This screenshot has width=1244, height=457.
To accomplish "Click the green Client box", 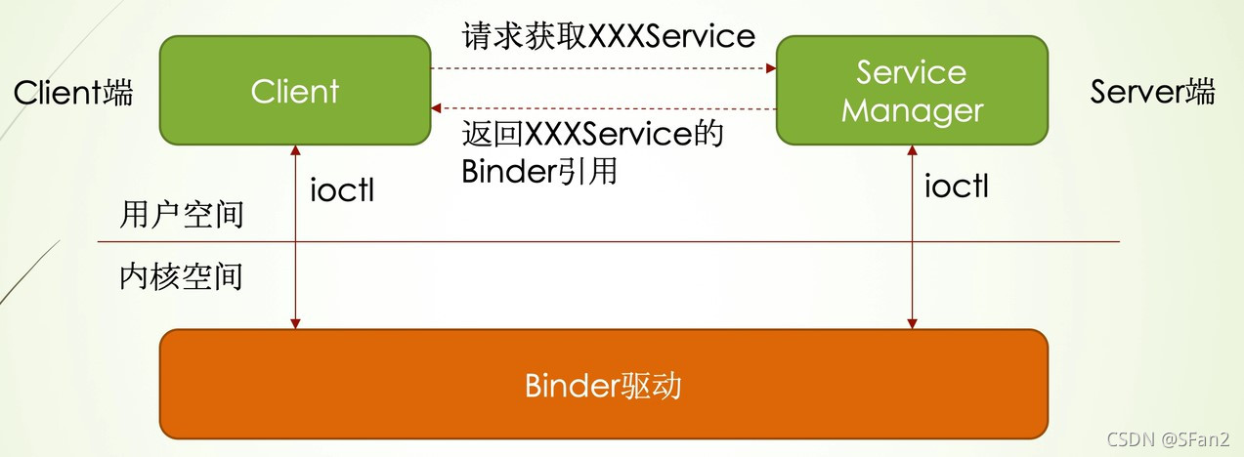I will coord(295,92).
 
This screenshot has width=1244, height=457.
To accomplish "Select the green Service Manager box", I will coord(911,92).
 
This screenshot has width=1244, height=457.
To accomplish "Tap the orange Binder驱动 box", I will coord(603,386).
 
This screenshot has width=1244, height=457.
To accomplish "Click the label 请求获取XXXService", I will coord(608,36).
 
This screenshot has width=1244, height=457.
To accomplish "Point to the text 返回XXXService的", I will coord(592,134).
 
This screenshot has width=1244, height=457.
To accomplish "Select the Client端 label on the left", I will coord(73,93).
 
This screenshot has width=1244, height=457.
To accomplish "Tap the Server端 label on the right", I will coord(1153,93).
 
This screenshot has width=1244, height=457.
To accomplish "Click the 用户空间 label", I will coord(181,215).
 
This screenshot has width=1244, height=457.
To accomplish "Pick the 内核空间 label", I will coord(181,277).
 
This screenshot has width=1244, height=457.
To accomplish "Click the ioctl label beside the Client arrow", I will coord(342,189).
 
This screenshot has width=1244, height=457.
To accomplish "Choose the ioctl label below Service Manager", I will coord(957,186).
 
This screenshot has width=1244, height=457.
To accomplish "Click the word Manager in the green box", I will coord(912,110).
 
